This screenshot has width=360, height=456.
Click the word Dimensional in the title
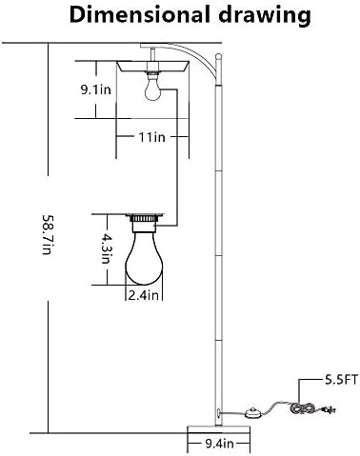(140, 14)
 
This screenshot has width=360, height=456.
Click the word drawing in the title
(265, 16)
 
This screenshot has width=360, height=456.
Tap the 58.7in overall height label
(47, 235)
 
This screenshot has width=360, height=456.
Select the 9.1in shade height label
(95, 89)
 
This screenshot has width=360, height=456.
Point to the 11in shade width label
(152, 137)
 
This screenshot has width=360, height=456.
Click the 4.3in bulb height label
(106, 248)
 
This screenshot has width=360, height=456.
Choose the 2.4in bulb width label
(144, 295)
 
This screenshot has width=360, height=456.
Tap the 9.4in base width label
(219, 444)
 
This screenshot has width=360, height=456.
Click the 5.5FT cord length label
(341, 380)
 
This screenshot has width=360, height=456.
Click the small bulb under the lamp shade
(152, 88)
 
